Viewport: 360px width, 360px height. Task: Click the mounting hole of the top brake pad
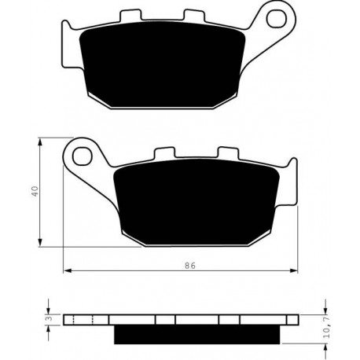pos(276,18)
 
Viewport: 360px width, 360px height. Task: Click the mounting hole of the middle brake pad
pos(83,156)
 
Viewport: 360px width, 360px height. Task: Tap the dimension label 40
pos(35,191)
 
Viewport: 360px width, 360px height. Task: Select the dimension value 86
pos(190,266)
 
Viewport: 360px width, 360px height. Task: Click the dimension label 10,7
pos(329,329)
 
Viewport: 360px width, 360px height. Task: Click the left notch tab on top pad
pos(130,15)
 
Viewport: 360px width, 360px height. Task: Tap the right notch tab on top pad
pos(194,15)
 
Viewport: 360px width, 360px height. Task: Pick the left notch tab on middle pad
pos(164,153)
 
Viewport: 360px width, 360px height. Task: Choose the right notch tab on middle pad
pos(228,152)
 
